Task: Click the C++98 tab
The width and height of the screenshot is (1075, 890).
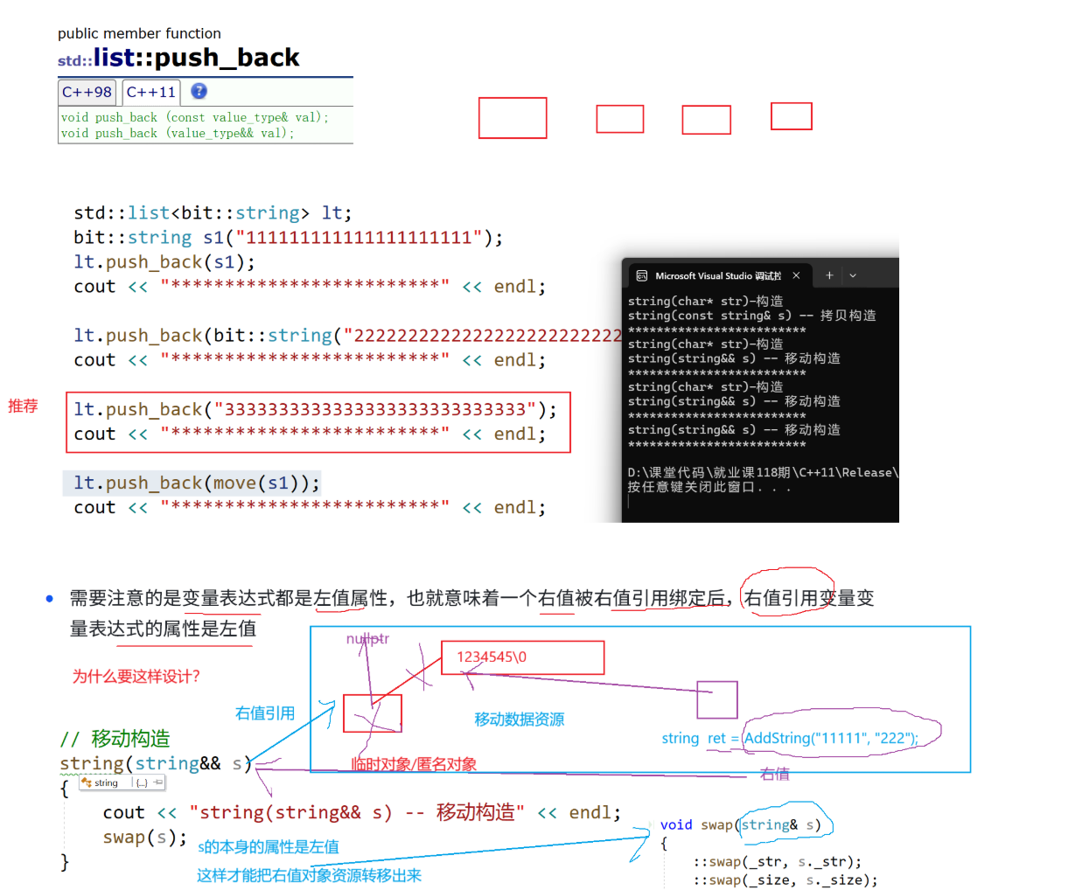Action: [x=87, y=92]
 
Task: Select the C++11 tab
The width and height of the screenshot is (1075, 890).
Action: [x=150, y=92]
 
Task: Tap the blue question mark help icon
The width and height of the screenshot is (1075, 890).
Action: [x=199, y=91]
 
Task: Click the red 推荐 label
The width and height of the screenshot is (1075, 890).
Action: [x=23, y=406]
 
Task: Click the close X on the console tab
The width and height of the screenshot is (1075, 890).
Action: [x=796, y=275]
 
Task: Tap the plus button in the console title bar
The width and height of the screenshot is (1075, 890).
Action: [x=829, y=275]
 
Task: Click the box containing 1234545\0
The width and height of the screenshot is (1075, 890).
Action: [x=522, y=657]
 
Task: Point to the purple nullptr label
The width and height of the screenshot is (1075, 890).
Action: [x=367, y=639]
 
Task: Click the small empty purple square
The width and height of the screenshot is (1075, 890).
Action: [x=717, y=699]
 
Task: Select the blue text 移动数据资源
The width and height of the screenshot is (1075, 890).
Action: [x=519, y=720]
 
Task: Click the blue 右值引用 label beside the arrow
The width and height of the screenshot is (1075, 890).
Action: [x=265, y=713]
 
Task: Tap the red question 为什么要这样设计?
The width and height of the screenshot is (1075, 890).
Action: [x=136, y=676]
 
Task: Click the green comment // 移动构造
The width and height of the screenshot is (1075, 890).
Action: [x=115, y=739]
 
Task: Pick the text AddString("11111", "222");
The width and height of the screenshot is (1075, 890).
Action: [x=830, y=738]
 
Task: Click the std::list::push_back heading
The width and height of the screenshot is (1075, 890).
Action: [x=178, y=58]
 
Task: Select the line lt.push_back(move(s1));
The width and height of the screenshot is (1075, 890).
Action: [x=197, y=483]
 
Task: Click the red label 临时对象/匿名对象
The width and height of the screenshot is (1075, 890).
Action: [x=414, y=764]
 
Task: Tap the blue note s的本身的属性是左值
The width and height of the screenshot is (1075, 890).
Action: [x=269, y=846]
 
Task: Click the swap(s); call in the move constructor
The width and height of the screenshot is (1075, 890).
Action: [x=144, y=837]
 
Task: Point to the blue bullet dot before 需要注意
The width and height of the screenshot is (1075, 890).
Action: [x=50, y=599]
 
